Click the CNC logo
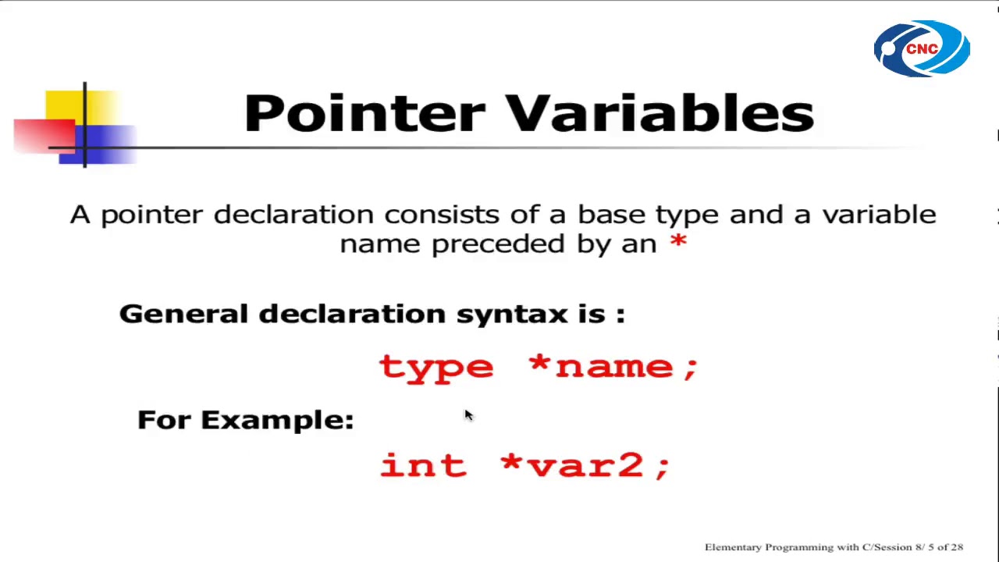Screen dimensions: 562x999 tap(922, 48)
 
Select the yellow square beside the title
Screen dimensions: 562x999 tap(66, 105)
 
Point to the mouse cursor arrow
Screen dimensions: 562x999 tap(468, 414)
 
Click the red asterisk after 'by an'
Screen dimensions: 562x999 tap(678, 242)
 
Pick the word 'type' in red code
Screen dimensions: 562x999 tap(436, 367)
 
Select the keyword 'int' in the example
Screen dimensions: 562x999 tap(422, 465)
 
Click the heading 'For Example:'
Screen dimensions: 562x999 tap(245, 420)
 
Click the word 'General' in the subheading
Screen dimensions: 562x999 tap(183, 314)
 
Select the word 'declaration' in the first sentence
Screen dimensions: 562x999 tap(293, 215)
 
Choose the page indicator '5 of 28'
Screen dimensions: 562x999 tap(945, 547)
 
